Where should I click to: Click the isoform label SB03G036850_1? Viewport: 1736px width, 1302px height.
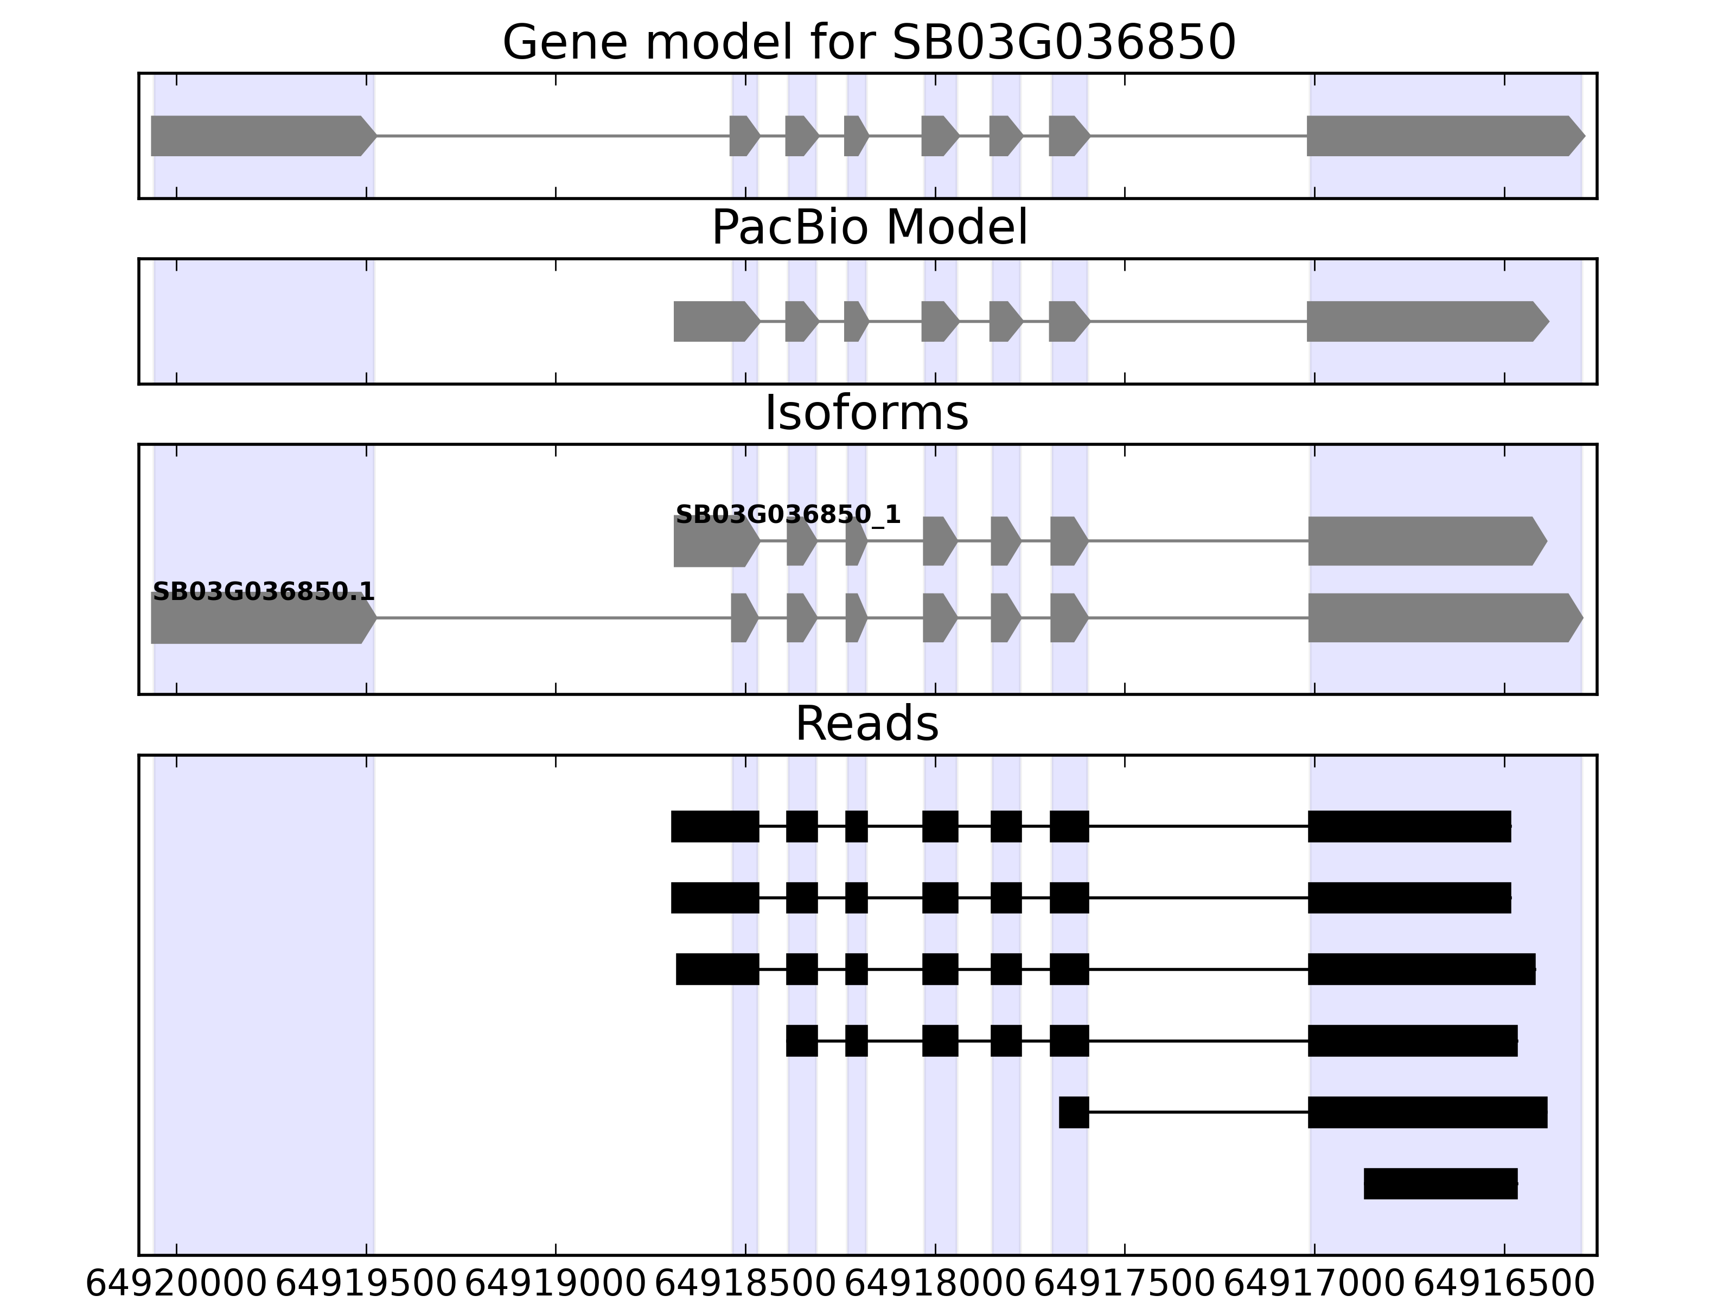coord(788,515)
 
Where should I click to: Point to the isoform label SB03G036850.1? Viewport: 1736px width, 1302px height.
coord(263,592)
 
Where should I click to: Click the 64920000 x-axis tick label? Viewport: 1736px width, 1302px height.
coord(176,1285)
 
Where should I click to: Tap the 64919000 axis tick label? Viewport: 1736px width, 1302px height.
coord(556,1285)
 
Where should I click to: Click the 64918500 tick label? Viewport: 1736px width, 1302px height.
coord(745,1285)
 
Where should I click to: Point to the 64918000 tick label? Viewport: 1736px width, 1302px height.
coord(935,1285)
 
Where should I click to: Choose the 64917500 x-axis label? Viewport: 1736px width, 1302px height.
coord(1125,1285)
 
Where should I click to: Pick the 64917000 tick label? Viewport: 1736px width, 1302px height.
coord(1314,1285)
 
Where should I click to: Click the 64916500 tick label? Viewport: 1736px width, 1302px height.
coord(1504,1285)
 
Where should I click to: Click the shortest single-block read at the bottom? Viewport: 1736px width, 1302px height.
coord(1441,1184)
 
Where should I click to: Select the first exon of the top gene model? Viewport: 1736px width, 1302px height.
coord(264,136)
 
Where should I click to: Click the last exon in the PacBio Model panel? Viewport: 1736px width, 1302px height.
coord(1427,321)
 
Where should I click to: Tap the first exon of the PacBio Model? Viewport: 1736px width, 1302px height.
coord(717,321)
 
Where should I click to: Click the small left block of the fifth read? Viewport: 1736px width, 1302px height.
coord(1074,1112)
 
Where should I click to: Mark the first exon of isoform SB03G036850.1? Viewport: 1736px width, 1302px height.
coord(264,618)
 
